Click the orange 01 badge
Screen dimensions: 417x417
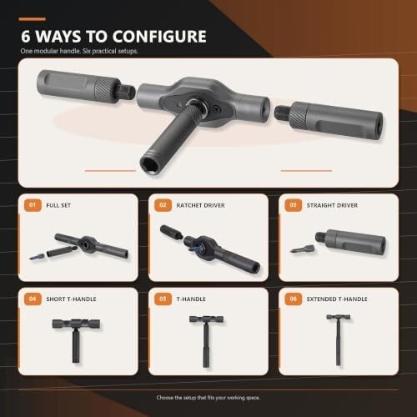click(33, 205)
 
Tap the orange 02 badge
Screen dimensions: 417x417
click(163, 205)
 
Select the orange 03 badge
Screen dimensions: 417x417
click(294, 205)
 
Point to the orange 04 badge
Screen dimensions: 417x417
click(33, 299)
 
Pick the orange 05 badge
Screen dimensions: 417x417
click(163, 299)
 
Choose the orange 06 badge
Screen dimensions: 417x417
click(294, 299)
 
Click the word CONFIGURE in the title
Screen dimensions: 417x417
click(159, 37)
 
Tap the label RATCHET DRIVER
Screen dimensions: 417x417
click(200, 205)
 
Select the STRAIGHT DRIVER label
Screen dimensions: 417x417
click(332, 205)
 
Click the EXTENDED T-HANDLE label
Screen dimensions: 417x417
click(337, 299)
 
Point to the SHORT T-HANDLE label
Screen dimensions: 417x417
click(71, 299)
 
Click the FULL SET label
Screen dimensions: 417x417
click(58, 205)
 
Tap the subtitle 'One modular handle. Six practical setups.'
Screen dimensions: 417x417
click(79, 51)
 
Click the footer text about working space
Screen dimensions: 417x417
click(208, 398)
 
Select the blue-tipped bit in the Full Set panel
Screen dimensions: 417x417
click(37, 256)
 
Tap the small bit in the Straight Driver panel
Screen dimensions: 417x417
click(302, 249)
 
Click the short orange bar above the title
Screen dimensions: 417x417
click(33, 19)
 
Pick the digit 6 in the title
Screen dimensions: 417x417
click(26, 37)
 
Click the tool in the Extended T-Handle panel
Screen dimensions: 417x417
click(338, 339)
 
